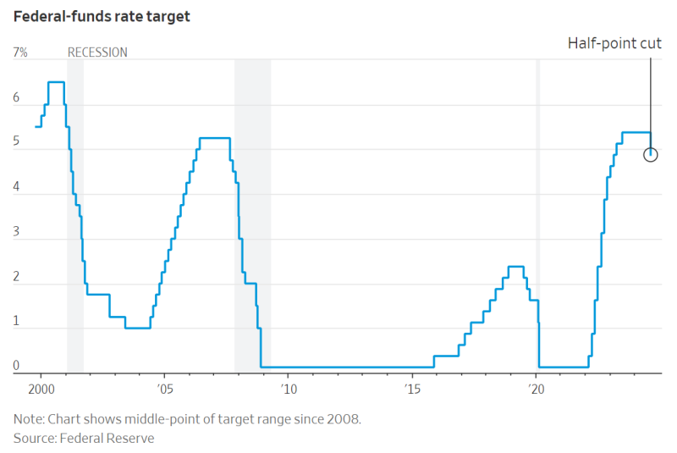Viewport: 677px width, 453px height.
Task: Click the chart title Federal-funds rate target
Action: click(x=101, y=16)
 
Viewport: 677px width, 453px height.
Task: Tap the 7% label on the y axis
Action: click(x=20, y=52)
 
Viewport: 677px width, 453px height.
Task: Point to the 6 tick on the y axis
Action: click(x=16, y=98)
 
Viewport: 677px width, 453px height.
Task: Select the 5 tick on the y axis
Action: click(x=16, y=143)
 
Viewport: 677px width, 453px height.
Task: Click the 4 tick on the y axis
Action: click(x=16, y=188)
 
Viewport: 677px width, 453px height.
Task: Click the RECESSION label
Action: click(x=97, y=52)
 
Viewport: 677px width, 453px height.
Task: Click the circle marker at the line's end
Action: click(x=650, y=154)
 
